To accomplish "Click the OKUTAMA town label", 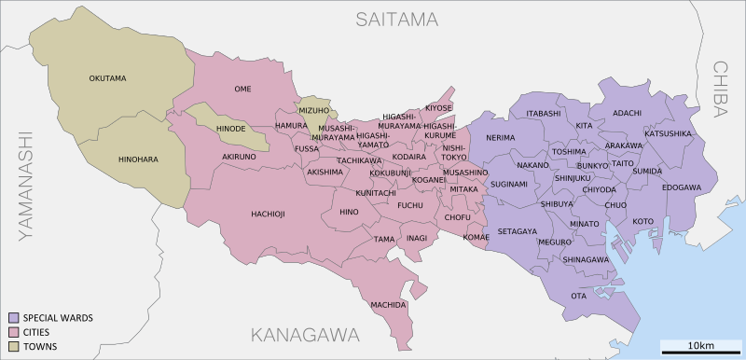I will pyautogui.click(x=107, y=78).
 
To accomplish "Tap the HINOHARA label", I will pyautogui.click(x=138, y=159).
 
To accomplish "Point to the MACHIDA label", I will pyautogui.click(x=388, y=305).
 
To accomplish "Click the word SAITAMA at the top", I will pyautogui.click(x=396, y=19).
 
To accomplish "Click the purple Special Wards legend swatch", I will pyautogui.click(x=13, y=318).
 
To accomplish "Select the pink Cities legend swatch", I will pyautogui.click(x=13, y=332).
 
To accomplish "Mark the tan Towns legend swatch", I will pyautogui.click(x=13, y=347).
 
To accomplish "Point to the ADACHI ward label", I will pyautogui.click(x=627, y=113).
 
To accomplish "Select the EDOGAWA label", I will pyautogui.click(x=681, y=187).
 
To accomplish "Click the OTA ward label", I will pyautogui.click(x=578, y=296).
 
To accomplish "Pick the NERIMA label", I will pyautogui.click(x=500, y=138).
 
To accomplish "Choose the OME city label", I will pyautogui.click(x=242, y=89).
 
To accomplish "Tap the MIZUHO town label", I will pyautogui.click(x=315, y=109).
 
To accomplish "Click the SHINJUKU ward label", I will pyautogui.click(x=573, y=177).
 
